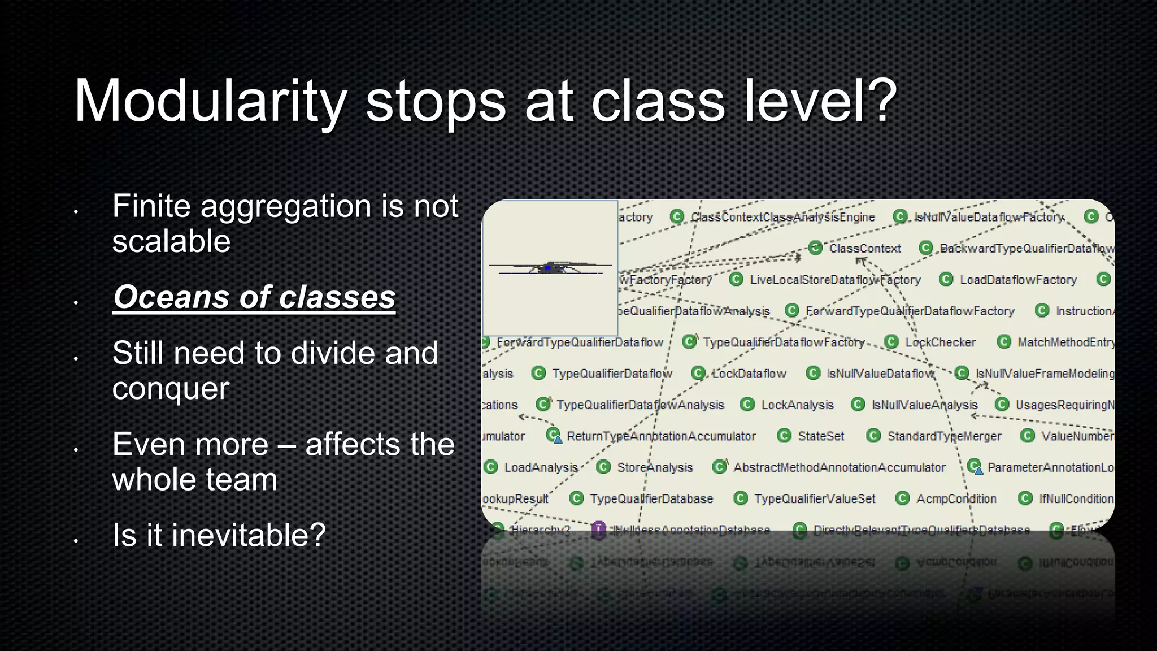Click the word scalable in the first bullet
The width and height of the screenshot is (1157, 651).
click(171, 241)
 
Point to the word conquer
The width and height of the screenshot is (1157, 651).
click(171, 388)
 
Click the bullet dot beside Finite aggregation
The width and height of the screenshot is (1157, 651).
click(75, 212)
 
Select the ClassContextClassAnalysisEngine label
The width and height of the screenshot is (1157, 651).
click(782, 217)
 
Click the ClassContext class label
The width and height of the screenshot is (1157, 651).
click(864, 249)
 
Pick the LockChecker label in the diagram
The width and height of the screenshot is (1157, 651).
click(940, 342)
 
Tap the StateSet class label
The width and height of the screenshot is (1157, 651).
click(820, 436)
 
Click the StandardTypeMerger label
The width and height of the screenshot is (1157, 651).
click(943, 436)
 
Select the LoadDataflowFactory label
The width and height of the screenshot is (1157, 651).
click(1018, 280)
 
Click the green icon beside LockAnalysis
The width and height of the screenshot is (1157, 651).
click(747, 405)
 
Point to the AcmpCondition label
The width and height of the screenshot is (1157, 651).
click(956, 499)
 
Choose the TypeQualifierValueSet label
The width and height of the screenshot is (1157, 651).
click(814, 499)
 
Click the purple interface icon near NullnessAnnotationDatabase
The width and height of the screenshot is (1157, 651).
click(598, 530)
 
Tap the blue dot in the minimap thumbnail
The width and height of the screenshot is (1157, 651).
click(547, 268)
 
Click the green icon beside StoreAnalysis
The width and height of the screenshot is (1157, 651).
click(603, 467)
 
